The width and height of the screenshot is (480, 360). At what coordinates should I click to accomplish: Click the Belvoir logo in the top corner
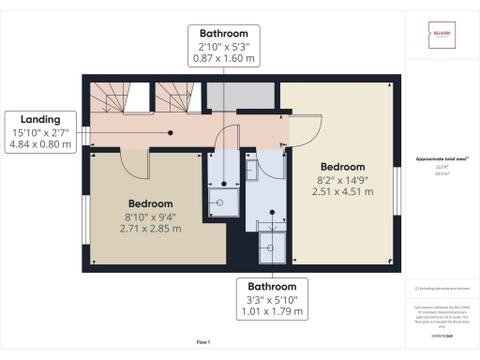point(442,36)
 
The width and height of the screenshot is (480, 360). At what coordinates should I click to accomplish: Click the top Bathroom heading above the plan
point(223,32)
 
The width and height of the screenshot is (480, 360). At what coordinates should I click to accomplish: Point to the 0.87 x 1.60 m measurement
point(223,57)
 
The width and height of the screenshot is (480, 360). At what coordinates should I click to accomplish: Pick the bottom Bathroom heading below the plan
point(271,286)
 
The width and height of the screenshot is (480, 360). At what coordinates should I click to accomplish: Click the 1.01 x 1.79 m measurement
point(271,312)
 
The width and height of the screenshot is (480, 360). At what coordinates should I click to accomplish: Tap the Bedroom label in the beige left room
point(151,203)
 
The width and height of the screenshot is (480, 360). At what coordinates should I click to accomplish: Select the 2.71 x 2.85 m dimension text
point(151,228)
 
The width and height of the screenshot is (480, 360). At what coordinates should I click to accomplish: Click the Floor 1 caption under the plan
point(203,343)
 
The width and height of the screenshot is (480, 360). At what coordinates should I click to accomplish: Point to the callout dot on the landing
point(171,132)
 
